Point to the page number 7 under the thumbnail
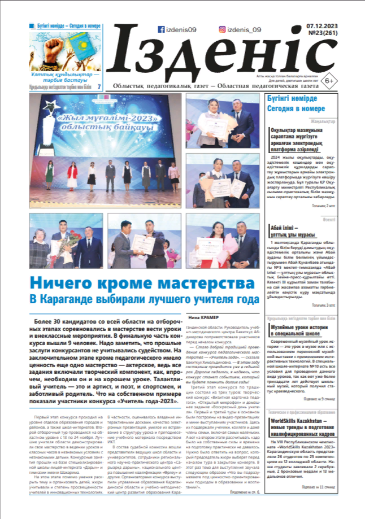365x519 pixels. [99, 87]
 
